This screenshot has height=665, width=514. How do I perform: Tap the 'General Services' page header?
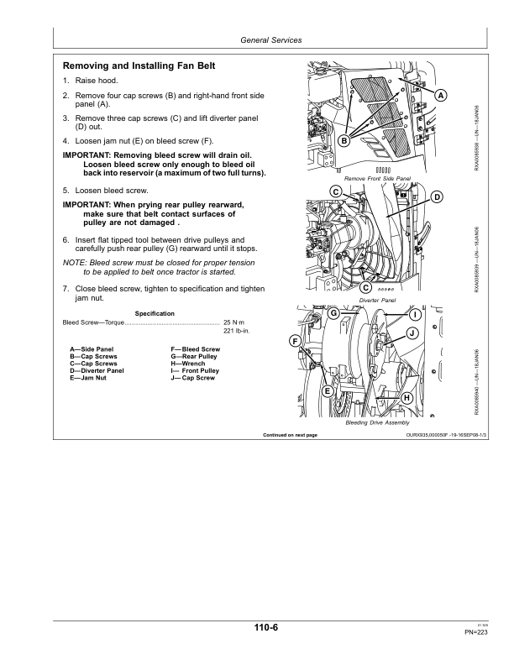[270, 40]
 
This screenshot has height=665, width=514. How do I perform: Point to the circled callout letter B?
[344, 142]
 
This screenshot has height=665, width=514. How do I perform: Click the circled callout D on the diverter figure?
[437, 196]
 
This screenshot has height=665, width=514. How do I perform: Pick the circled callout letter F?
[296, 341]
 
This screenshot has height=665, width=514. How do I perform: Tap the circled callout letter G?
[333, 313]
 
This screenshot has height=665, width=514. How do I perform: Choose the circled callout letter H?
[406, 397]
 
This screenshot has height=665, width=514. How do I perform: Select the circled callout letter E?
[328, 391]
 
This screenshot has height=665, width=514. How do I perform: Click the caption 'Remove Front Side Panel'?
[377, 179]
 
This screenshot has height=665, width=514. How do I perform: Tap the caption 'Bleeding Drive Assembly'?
[377, 422]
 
